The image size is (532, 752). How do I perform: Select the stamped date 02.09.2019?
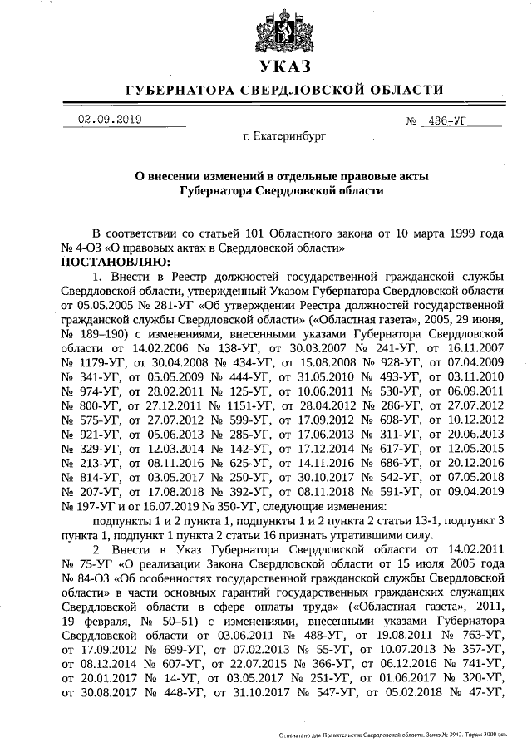(x=109, y=119)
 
